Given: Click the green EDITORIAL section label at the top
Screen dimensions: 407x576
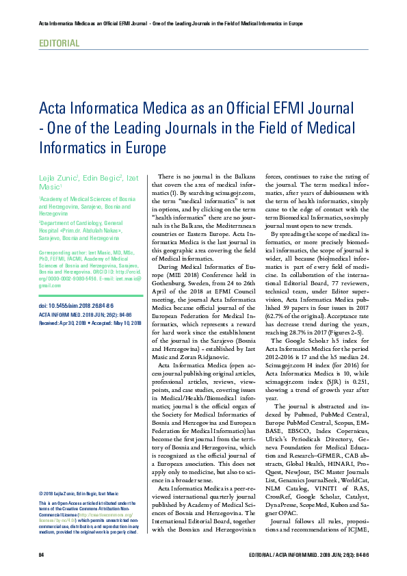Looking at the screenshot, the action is (60, 43).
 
